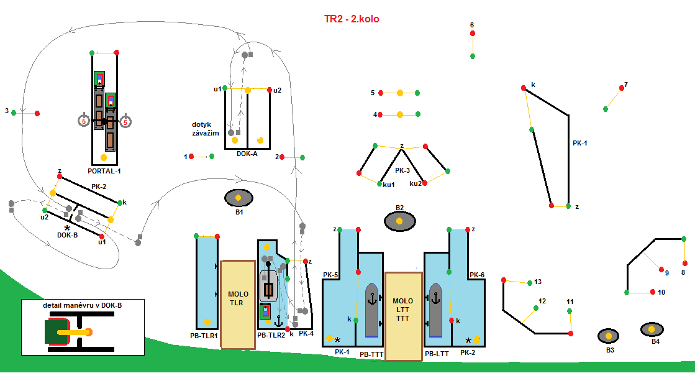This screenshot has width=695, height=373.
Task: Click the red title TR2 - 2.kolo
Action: (351, 19)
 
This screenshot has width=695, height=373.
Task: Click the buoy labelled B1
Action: (238, 198)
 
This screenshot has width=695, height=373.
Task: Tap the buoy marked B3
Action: (609, 336)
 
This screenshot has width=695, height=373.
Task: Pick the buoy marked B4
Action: (652, 328)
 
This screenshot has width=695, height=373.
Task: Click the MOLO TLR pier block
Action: (238, 303)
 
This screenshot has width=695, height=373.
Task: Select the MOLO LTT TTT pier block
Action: (403, 315)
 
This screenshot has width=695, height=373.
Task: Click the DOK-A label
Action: (247, 154)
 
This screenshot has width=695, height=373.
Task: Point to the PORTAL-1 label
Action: (104, 170)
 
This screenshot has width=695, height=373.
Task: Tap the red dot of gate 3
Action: (37, 113)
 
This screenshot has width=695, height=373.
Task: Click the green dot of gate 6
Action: (473, 56)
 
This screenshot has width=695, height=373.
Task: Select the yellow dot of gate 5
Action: (400, 93)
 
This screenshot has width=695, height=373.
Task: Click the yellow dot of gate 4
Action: (400, 115)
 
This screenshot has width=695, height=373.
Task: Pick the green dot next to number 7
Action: (606, 109)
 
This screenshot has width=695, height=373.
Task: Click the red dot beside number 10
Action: (653, 292)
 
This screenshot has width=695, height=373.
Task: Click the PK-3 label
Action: (402, 170)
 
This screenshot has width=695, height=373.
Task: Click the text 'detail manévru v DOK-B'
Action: (82, 306)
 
